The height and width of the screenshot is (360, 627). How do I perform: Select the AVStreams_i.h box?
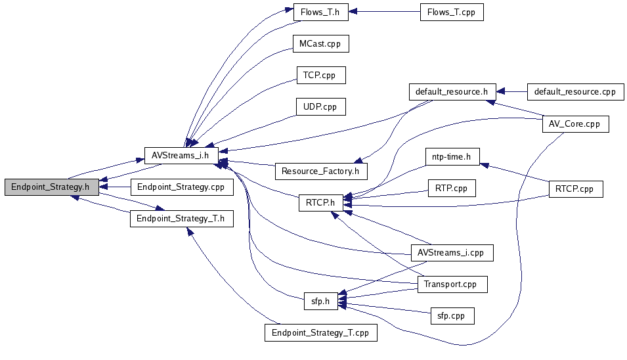(x=182, y=156)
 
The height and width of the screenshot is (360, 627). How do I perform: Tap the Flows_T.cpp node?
(x=452, y=12)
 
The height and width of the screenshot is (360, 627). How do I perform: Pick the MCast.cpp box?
(x=320, y=43)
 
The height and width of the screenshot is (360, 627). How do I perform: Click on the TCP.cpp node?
(x=321, y=75)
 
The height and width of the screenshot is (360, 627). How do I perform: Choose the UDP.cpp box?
(x=321, y=107)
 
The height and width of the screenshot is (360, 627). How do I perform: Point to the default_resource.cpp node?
(x=575, y=92)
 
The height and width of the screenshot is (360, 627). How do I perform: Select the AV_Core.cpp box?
(x=575, y=124)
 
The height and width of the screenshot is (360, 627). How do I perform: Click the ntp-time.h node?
(x=452, y=157)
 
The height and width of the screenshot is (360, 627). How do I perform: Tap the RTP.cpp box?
(x=452, y=189)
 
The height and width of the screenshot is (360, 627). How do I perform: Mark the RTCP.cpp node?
(x=576, y=189)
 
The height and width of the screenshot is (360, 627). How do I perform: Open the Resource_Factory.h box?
(x=321, y=171)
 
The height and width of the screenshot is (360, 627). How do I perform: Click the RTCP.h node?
(x=321, y=203)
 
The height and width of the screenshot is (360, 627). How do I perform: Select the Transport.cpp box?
(x=452, y=284)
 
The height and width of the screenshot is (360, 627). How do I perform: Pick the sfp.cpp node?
(x=452, y=316)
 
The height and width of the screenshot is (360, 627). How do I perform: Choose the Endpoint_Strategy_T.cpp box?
(x=320, y=333)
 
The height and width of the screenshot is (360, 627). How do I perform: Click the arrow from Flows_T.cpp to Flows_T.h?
(x=384, y=12)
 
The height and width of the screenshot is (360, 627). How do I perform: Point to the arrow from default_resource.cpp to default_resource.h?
(x=512, y=92)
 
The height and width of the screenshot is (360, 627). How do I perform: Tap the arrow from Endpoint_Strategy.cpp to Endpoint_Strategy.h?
(x=115, y=187)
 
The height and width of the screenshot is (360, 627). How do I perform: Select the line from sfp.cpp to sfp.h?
(x=384, y=307)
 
